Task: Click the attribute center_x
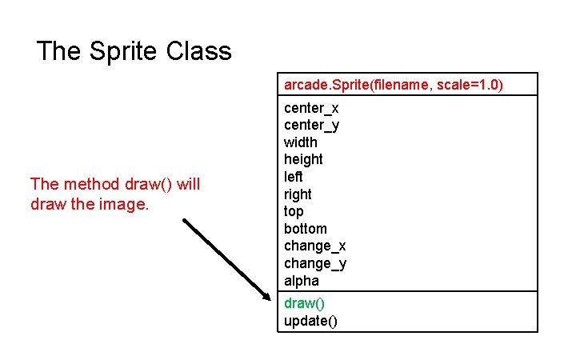click(311, 107)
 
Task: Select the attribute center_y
click(311, 125)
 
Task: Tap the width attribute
click(300, 142)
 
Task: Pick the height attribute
click(303, 159)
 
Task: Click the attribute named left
click(293, 177)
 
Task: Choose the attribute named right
click(298, 194)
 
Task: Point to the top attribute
click(294, 212)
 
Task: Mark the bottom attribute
click(305, 229)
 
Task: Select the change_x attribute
click(314, 246)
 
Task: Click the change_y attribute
click(314, 264)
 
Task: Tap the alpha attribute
click(301, 281)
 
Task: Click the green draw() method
click(304, 303)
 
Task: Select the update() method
click(310, 321)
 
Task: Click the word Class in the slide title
click(199, 52)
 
